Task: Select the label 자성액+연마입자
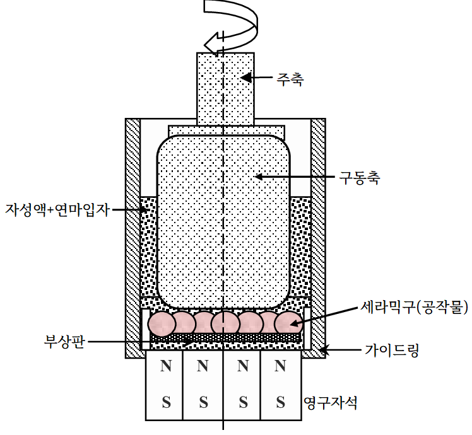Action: [x=57, y=209]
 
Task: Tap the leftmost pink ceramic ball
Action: [x=162, y=323]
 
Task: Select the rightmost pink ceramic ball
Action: [x=288, y=323]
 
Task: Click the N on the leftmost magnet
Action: [x=165, y=366]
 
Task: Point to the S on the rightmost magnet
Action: [x=281, y=402]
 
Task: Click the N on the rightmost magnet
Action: [x=281, y=366]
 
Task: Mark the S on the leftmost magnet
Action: [x=165, y=402]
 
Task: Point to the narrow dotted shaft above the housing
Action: [x=225, y=88]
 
